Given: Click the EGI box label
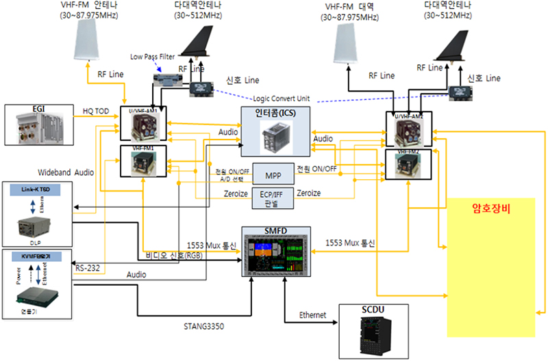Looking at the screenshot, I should click(x=38, y=108).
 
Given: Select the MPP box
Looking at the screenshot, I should click(x=273, y=174).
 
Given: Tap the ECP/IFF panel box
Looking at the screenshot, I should click(x=273, y=197).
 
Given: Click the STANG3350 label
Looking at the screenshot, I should click(x=204, y=327).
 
